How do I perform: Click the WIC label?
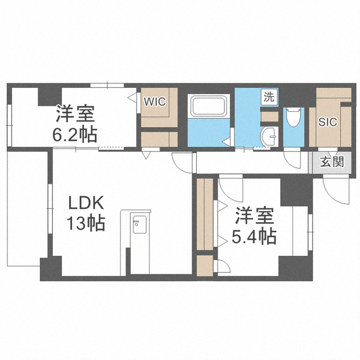click(x=155, y=101)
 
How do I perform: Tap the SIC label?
click(x=327, y=122)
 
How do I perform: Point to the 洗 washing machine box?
click(x=269, y=97)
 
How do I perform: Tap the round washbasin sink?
click(x=269, y=136)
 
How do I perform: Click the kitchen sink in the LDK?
click(x=139, y=224)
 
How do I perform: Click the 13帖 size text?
click(x=86, y=223)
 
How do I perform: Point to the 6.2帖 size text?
click(x=75, y=135)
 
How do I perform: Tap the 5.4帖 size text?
click(x=254, y=236)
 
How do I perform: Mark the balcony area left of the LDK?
click(x=28, y=209)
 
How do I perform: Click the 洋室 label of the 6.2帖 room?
click(x=75, y=113)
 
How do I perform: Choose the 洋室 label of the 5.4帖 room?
click(x=254, y=215)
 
